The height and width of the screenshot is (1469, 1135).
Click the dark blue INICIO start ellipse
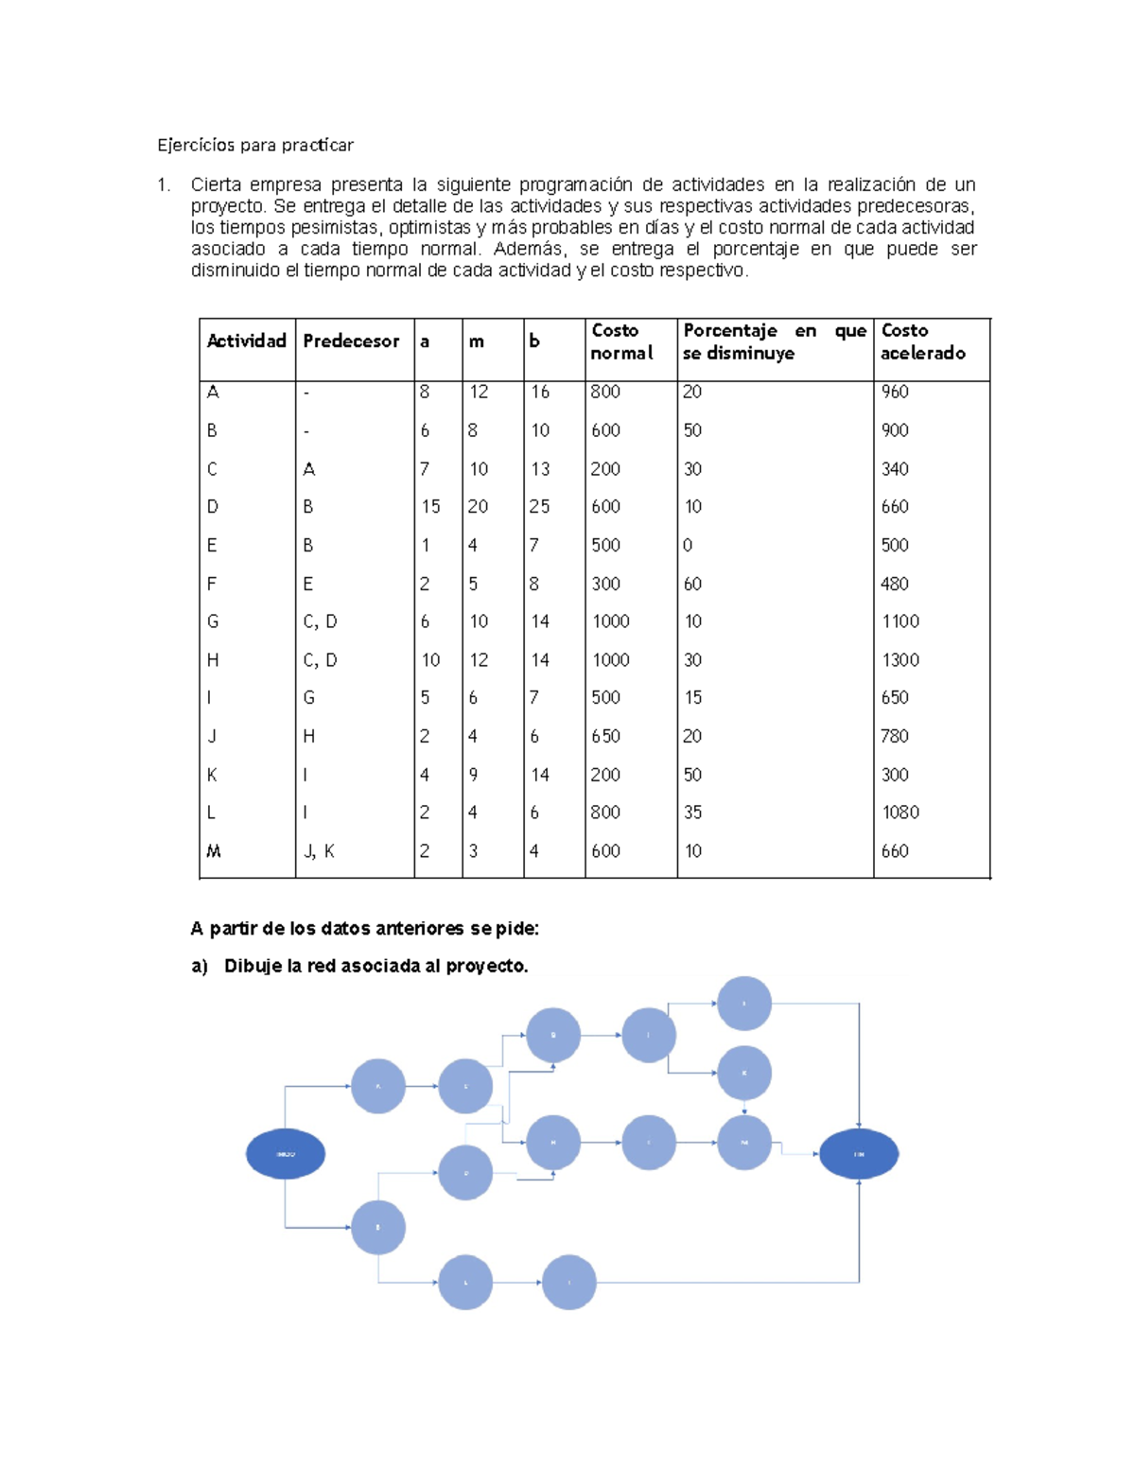point(286,1154)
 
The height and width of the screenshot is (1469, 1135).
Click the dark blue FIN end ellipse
point(858,1154)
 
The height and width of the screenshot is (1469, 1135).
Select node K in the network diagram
point(744,1074)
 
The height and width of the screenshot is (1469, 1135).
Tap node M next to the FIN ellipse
point(744,1143)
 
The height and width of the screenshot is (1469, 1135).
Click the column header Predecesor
point(351,341)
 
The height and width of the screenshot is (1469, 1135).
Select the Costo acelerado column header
point(922,341)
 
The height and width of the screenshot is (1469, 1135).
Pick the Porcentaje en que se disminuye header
point(774,341)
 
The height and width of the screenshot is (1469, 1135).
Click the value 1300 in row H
point(899,660)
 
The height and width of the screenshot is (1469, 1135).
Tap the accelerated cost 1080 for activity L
point(899,813)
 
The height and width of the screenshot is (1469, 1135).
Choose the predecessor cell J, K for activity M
point(319,851)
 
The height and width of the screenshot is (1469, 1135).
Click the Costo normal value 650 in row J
point(605,736)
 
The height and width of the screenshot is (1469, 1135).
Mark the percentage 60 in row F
point(692,585)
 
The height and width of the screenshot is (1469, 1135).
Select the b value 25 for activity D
point(539,507)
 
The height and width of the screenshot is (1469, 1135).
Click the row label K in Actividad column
point(212,775)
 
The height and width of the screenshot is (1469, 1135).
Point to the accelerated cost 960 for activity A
point(895,392)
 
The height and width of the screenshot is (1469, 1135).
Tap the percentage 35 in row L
point(692,813)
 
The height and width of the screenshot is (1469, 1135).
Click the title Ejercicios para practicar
point(255,145)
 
